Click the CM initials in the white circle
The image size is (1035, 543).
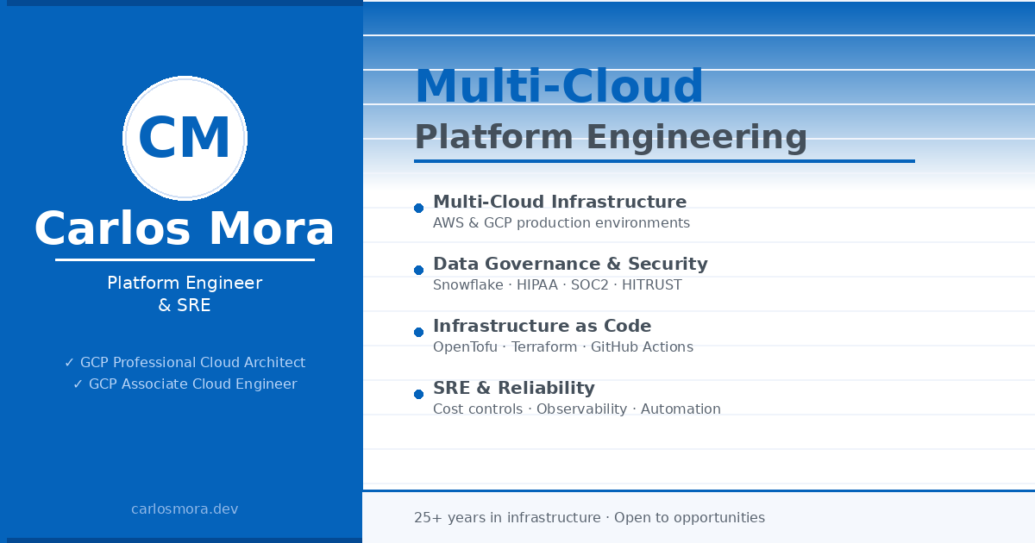[x=184, y=138]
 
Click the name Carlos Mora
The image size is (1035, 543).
[x=185, y=228]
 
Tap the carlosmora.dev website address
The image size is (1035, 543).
[x=185, y=509]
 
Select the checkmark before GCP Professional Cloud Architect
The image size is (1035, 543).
[x=69, y=363]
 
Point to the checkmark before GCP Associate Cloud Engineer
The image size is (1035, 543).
[x=78, y=384]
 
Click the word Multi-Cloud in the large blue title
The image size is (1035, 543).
[x=559, y=86]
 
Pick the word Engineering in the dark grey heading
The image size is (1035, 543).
[x=696, y=138]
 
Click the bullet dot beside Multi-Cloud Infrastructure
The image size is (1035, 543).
[x=418, y=209]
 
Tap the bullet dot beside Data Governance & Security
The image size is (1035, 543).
[x=418, y=270]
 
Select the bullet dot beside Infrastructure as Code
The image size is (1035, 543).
[x=418, y=332]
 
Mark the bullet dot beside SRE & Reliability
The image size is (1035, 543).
[x=418, y=394]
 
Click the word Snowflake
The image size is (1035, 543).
[x=468, y=285]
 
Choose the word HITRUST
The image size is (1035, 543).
[x=651, y=285]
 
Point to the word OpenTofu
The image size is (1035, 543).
[x=465, y=346]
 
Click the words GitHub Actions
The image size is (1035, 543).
[x=642, y=346]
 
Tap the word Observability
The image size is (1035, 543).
[x=581, y=409]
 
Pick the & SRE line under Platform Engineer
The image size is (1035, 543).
[x=185, y=305]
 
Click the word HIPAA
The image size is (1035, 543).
[x=536, y=285]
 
